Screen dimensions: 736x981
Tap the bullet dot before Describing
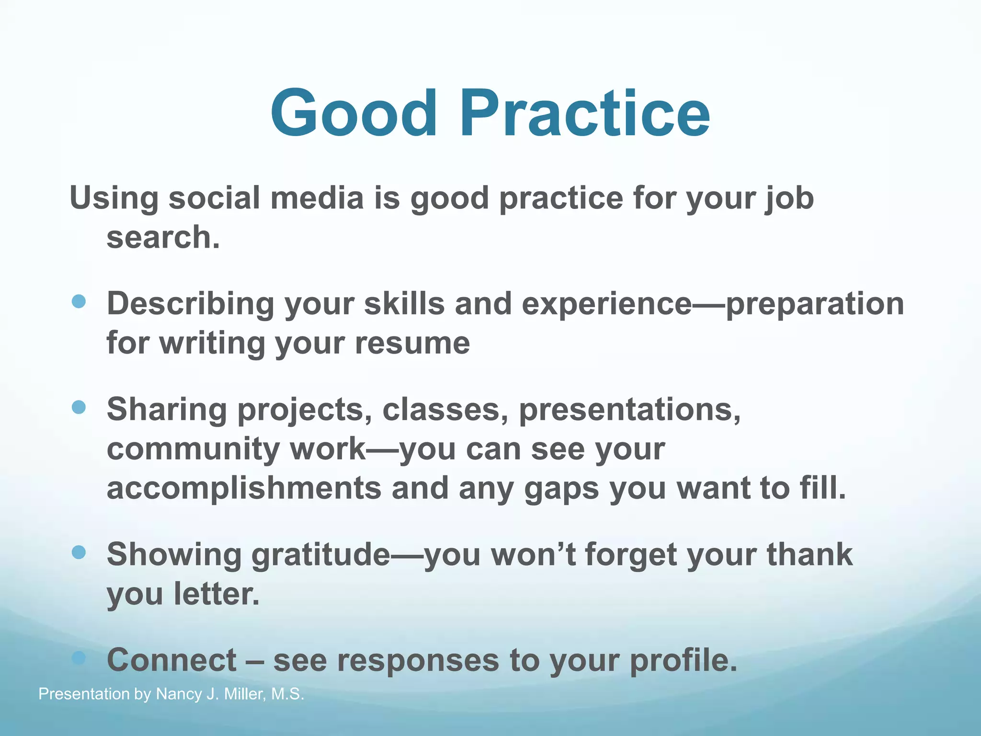(79, 301)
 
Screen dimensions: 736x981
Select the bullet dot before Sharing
(79, 407)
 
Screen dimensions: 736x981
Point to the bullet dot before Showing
(79, 552)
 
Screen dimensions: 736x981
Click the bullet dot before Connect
(79, 658)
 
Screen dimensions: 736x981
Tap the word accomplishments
(243, 489)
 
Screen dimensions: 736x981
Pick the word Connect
(171, 660)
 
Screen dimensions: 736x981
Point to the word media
(317, 198)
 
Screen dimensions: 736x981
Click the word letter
(216, 594)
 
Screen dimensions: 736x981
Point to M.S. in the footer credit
(287, 694)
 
